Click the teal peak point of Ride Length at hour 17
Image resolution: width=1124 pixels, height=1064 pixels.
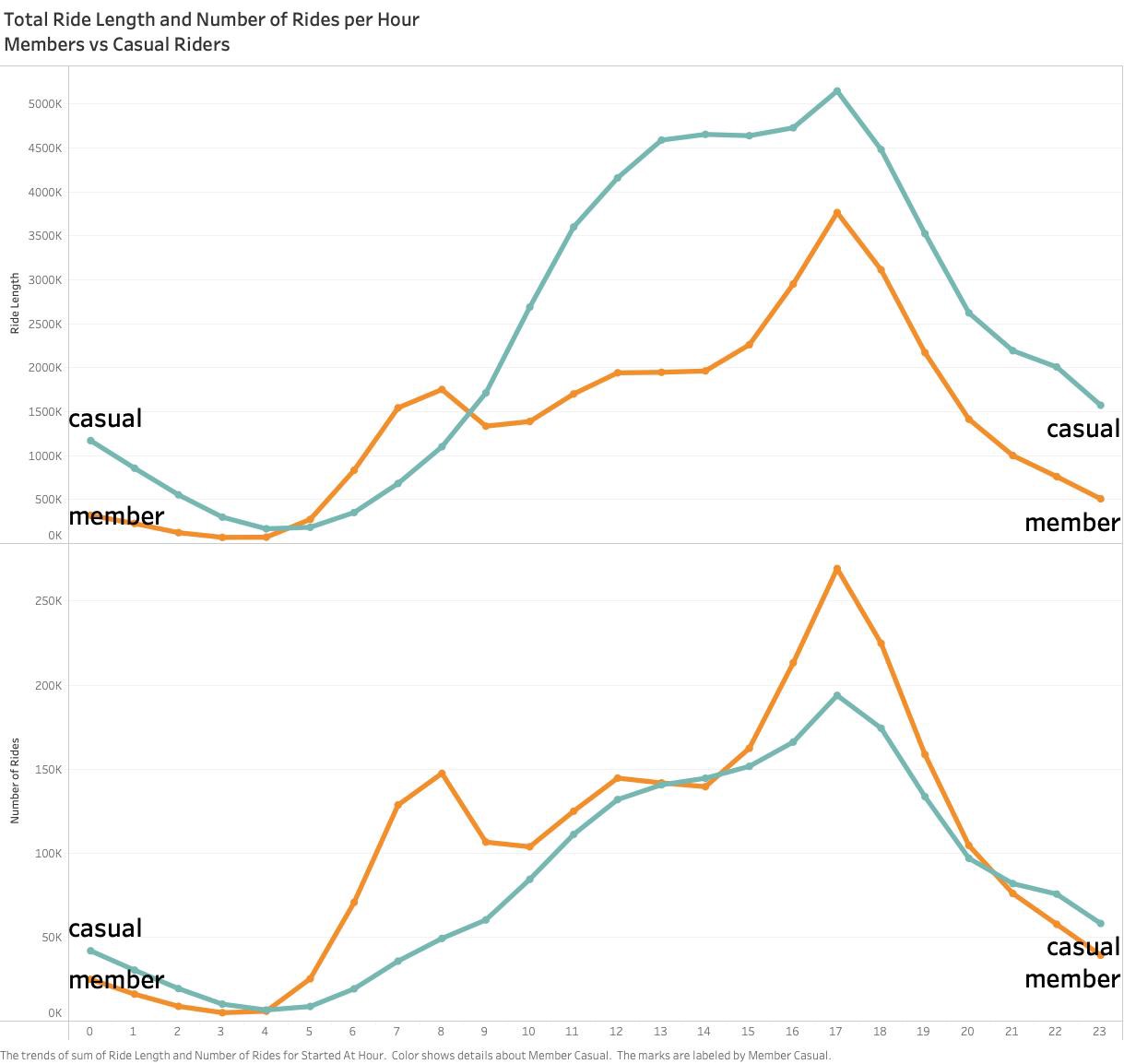pyautogui.click(x=837, y=91)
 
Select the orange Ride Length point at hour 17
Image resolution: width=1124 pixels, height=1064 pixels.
pyautogui.click(x=837, y=213)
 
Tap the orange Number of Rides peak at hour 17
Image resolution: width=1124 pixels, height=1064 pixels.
pyautogui.click(x=837, y=569)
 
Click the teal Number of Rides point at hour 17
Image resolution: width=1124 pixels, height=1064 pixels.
pyautogui.click(x=837, y=695)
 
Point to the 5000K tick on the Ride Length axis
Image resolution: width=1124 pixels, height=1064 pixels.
pyautogui.click(x=44, y=104)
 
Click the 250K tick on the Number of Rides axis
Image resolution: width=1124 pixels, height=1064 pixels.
pyautogui.click(x=47, y=601)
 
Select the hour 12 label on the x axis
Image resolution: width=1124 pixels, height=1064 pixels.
pyautogui.click(x=616, y=1032)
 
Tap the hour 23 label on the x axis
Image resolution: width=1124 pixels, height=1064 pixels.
pyautogui.click(x=1099, y=1032)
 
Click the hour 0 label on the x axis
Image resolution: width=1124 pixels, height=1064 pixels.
pyautogui.click(x=89, y=1032)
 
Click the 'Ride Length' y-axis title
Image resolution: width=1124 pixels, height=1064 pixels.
pyautogui.click(x=15, y=302)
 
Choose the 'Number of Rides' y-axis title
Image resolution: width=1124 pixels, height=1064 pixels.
pyautogui.click(x=15, y=780)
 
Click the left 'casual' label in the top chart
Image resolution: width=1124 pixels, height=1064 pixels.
pyautogui.click(x=105, y=419)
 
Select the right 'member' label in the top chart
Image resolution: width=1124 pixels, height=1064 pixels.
pyautogui.click(x=1071, y=523)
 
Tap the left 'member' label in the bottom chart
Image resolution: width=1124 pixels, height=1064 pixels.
pyautogui.click(x=116, y=979)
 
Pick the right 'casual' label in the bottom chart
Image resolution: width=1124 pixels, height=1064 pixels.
pyautogui.click(x=1083, y=947)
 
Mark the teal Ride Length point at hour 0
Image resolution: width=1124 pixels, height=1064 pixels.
pyautogui.click(x=90, y=441)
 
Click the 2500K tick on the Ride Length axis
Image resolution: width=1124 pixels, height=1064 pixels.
pyautogui.click(x=44, y=325)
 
